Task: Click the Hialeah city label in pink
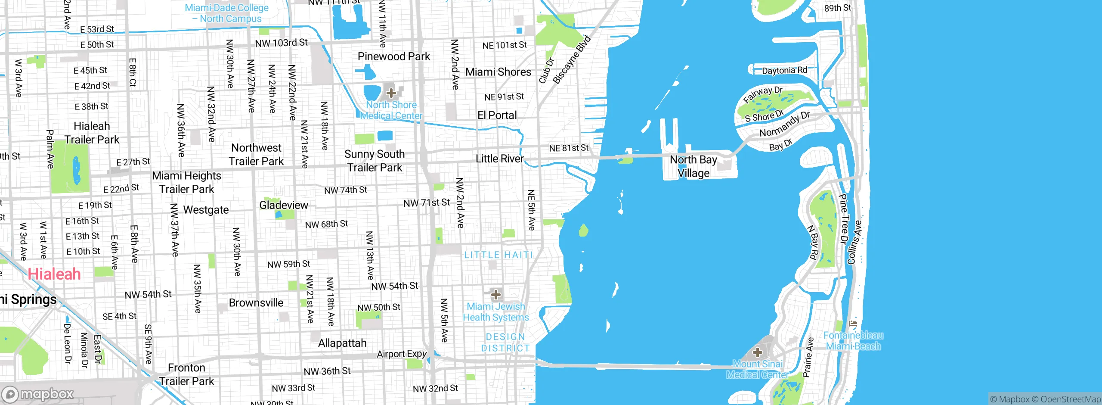click(54, 274)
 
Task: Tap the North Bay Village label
click(693, 166)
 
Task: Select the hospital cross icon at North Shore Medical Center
click(391, 93)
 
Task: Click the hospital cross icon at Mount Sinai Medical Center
click(757, 352)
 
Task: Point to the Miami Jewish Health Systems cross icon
click(496, 295)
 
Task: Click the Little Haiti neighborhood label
click(498, 255)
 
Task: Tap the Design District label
click(505, 343)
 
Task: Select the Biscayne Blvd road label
click(572, 60)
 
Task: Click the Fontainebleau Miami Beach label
click(853, 341)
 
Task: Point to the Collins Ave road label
click(854, 243)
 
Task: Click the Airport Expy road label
click(402, 354)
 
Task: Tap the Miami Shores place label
click(498, 72)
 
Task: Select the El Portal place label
click(497, 115)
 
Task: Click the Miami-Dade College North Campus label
click(227, 13)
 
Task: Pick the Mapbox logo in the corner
click(38, 394)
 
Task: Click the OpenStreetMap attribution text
click(1070, 399)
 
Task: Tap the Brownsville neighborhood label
click(256, 303)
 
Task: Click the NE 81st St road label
click(569, 148)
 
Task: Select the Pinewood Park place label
click(393, 56)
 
